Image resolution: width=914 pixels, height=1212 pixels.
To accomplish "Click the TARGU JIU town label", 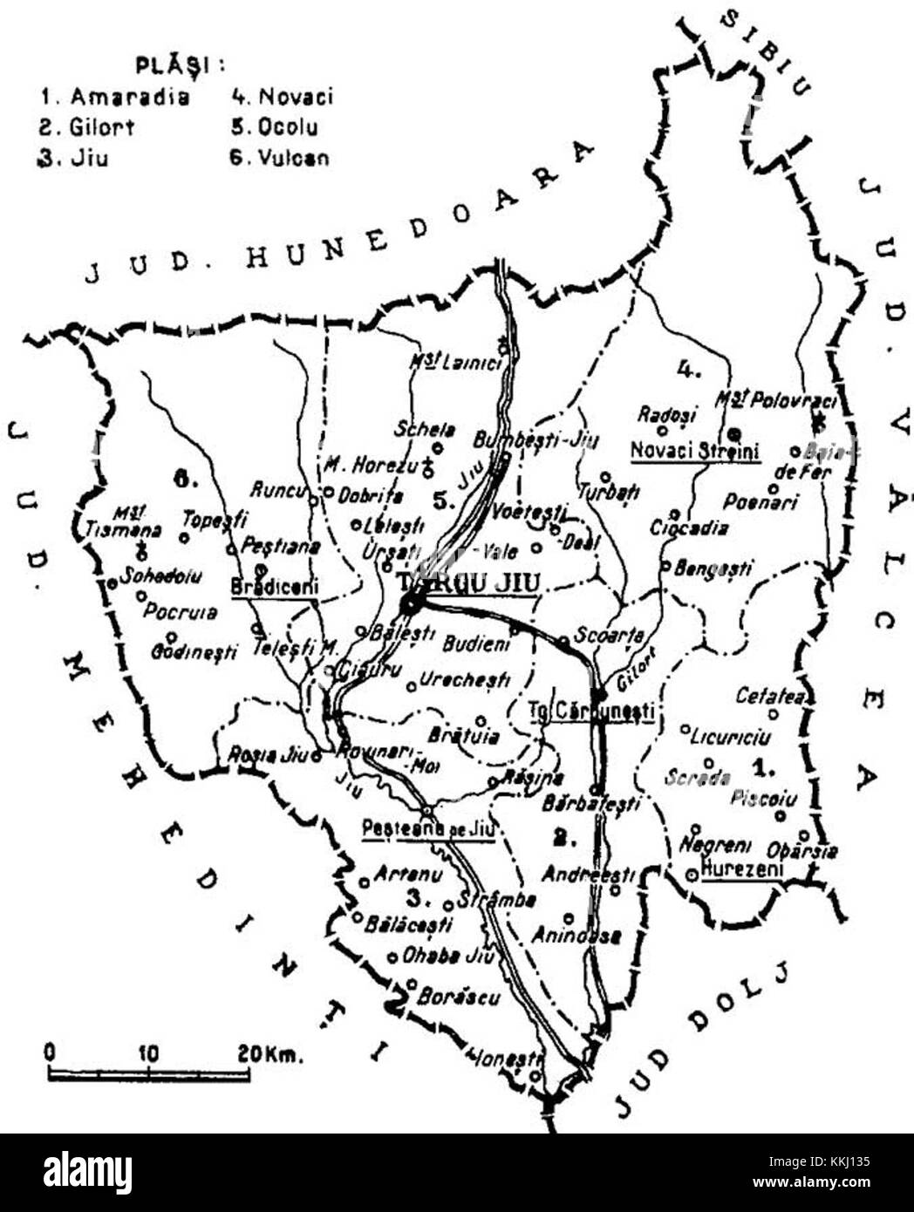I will (466, 582).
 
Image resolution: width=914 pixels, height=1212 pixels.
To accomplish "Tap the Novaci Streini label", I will (695, 451).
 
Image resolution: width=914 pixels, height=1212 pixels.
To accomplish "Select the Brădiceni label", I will (275, 586).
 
